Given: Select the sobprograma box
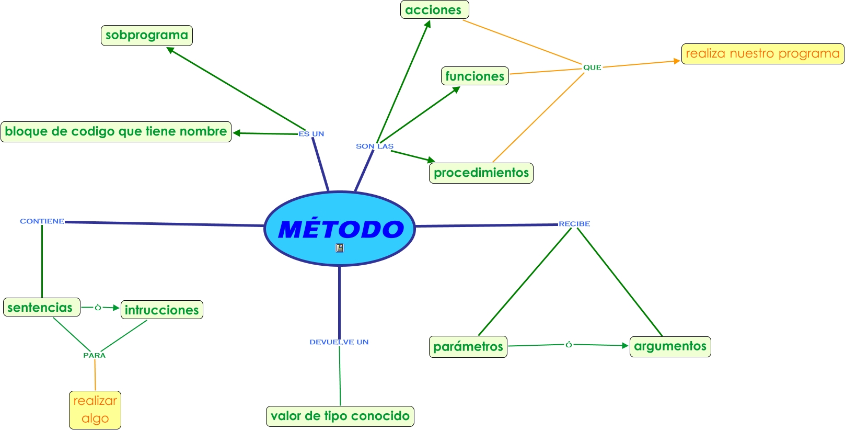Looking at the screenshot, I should pyautogui.click(x=147, y=36).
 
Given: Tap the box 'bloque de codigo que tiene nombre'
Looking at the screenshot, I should pyautogui.click(x=116, y=131).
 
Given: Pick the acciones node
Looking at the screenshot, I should pyautogui.click(x=434, y=10).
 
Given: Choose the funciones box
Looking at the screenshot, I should pyautogui.click(x=474, y=76).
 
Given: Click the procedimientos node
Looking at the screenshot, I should pyautogui.click(x=481, y=173).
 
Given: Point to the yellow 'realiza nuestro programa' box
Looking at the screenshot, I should pyautogui.click(x=762, y=54).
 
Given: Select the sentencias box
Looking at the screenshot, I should pyautogui.click(x=40, y=308).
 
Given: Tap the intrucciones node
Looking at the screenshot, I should pyautogui.click(x=161, y=310).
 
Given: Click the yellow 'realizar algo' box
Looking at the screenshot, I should pyautogui.click(x=95, y=410).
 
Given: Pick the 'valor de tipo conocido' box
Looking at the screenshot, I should pyautogui.click(x=340, y=416).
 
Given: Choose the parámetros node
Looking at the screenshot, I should pyautogui.click(x=468, y=346).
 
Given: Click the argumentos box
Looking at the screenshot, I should pyautogui.click(x=670, y=346).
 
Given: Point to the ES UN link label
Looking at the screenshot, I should pyautogui.click(x=311, y=134).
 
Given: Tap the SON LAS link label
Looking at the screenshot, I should pyautogui.click(x=375, y=146).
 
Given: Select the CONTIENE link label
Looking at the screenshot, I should pyautogui.click(x=42, y=221).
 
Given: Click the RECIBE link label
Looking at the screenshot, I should pyautogui.click(x=574, y=224).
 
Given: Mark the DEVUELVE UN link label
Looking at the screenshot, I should pyautogui.click(x=339, y=342).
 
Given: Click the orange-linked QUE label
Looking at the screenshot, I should pyautogui.click(x=592, y=67).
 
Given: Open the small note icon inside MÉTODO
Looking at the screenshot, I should pyautogui.click(x=340, y=248).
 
